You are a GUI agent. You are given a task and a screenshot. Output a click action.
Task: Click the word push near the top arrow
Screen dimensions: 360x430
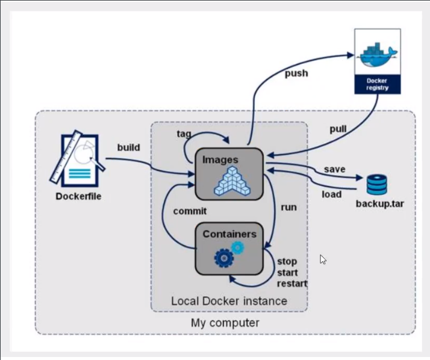296,73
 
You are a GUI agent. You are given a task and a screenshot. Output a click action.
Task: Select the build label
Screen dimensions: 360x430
129,147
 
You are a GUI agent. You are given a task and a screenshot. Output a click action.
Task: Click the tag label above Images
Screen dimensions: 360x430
184,133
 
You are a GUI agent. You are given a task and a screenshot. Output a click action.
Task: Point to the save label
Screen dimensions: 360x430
334,169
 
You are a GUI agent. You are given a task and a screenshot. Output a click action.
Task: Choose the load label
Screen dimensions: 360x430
331,194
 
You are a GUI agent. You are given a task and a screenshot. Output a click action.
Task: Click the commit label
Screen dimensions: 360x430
190,211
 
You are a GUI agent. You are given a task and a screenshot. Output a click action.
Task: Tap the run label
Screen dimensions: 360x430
288,207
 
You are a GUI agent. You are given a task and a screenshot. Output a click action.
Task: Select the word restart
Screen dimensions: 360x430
292,284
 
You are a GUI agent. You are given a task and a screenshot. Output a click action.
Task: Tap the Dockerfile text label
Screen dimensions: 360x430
79,196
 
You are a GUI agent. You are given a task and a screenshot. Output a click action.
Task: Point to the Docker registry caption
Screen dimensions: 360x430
378,84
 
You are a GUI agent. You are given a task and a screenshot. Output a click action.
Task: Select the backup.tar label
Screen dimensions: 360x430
379,203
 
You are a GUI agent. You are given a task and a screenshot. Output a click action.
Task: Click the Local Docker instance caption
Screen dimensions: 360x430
229,300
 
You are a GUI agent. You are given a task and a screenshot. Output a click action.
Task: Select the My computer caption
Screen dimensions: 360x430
225,323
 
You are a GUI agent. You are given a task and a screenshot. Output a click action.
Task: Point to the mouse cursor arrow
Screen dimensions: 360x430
323,259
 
